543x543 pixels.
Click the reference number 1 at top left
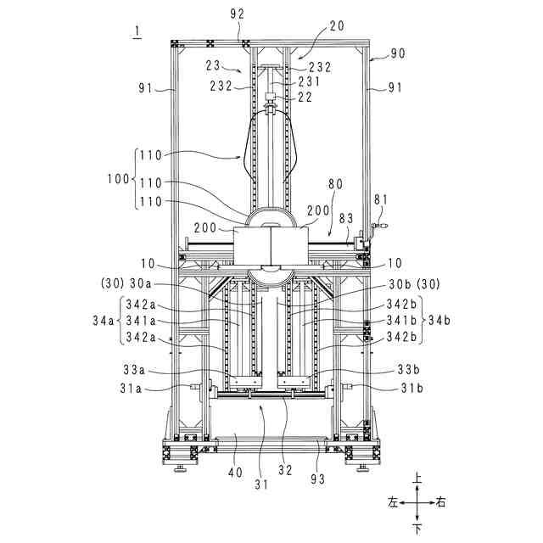coord(137,31)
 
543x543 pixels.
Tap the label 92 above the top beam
coord(238,14)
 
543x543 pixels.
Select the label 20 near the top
coord(337,25)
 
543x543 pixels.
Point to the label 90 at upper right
coord(398,53)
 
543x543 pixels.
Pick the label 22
coord(305,97)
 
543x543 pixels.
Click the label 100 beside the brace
coord(118,179)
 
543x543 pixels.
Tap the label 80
coord(335,184)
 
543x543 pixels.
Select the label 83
coord(346,218)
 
